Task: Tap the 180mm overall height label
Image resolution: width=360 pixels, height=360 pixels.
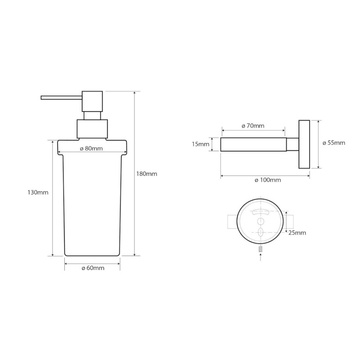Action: (x=147, y=173)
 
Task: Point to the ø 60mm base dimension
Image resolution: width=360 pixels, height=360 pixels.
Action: (x=93, y=268)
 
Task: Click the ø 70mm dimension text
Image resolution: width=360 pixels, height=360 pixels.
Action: (x=253, y=126)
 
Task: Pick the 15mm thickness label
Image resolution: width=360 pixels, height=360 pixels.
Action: (x=201, y=144)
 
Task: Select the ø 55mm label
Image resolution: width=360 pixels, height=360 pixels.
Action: (x=334, y=143)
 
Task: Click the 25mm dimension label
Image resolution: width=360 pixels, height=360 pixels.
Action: (x=297, y=233)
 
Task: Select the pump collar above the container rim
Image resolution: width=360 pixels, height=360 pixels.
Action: (x=92, y=129)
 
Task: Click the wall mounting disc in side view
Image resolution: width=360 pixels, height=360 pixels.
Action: (x=304, y=144)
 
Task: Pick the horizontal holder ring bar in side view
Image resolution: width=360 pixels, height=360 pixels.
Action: (x=252, y=144)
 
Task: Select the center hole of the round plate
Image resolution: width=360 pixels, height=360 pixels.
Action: (x=261, y=221)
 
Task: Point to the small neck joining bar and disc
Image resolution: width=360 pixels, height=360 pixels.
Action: (x=292, y=144)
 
